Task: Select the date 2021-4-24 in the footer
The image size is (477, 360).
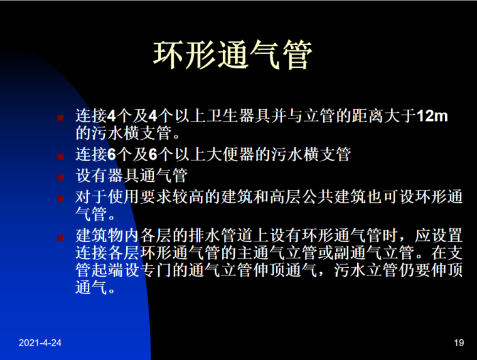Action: pos(40,343)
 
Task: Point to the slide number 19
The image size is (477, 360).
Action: pos(458,343)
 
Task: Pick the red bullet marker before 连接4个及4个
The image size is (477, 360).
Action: pos(61,118)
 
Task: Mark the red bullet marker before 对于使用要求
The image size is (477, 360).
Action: pos(61,198)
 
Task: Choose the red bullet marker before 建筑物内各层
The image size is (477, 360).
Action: pos(61,238)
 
